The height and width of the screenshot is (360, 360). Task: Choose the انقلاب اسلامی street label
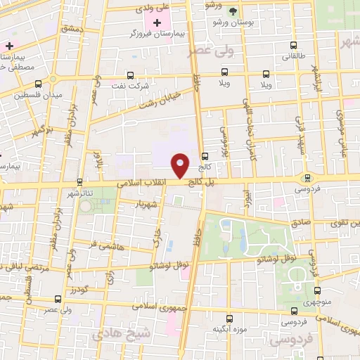point(159,183)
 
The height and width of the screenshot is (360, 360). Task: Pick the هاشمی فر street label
point(103,244)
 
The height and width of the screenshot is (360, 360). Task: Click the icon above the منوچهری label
point(318,290)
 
